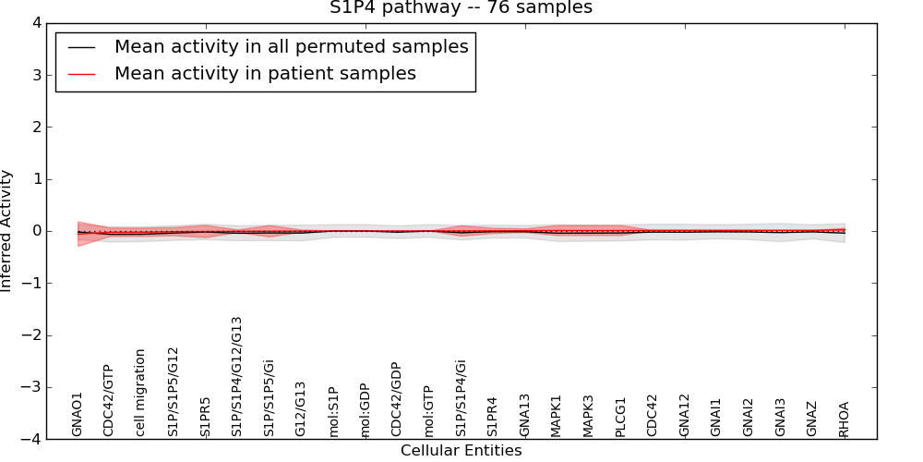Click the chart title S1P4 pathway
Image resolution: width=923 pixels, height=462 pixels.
(461, 8)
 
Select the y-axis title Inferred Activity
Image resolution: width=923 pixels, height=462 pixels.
(7, 231)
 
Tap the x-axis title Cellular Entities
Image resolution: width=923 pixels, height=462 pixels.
(461, 451)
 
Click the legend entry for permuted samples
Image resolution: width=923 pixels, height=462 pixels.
(291, 46)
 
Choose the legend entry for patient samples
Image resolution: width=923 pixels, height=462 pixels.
(265, 73)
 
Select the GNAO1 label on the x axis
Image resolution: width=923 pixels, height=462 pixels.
(78, 414)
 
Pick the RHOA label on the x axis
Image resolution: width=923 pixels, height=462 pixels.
(844, 419)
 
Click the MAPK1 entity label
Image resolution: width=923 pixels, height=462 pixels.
(556, 416)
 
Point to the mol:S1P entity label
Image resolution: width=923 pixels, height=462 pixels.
(333, 410)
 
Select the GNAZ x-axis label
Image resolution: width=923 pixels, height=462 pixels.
(811, 419)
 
